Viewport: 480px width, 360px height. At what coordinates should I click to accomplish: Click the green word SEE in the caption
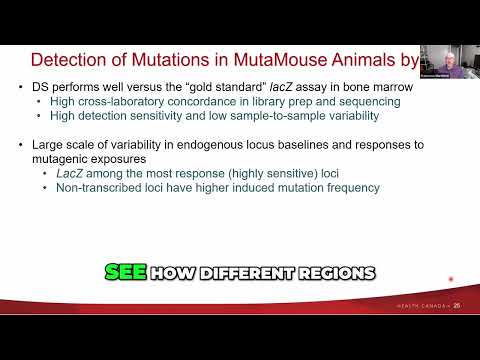coord(124,273)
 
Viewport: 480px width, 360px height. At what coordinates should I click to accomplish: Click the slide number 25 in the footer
coord(457,305)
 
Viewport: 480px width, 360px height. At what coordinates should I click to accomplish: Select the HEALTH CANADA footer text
coord(420,305)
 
